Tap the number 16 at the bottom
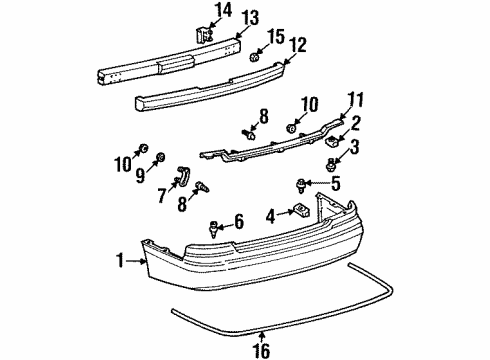point(263,348)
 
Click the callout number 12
point(297,45)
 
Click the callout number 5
point(337,183)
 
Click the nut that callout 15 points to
point(255,56)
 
